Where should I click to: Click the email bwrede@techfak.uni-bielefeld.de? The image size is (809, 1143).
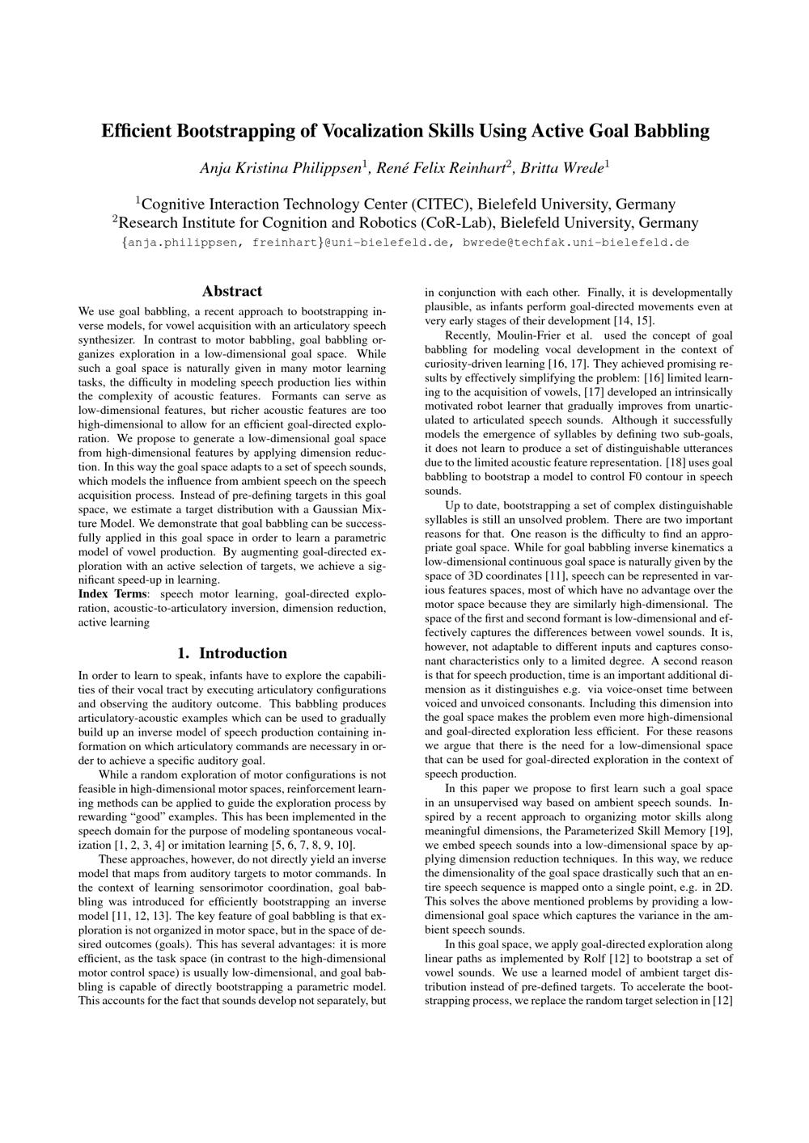(x=575, y=242)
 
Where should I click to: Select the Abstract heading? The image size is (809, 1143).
(x=232, y=291)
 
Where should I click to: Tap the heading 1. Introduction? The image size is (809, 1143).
(x=232, y=653)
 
